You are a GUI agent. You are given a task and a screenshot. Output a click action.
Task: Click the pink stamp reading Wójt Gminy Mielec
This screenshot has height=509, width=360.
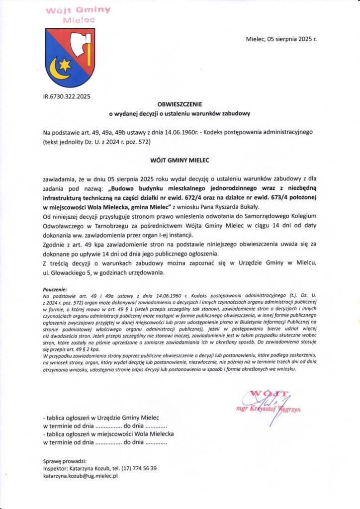79,14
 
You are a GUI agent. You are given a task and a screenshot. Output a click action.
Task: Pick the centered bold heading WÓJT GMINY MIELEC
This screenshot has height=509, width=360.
180,161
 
